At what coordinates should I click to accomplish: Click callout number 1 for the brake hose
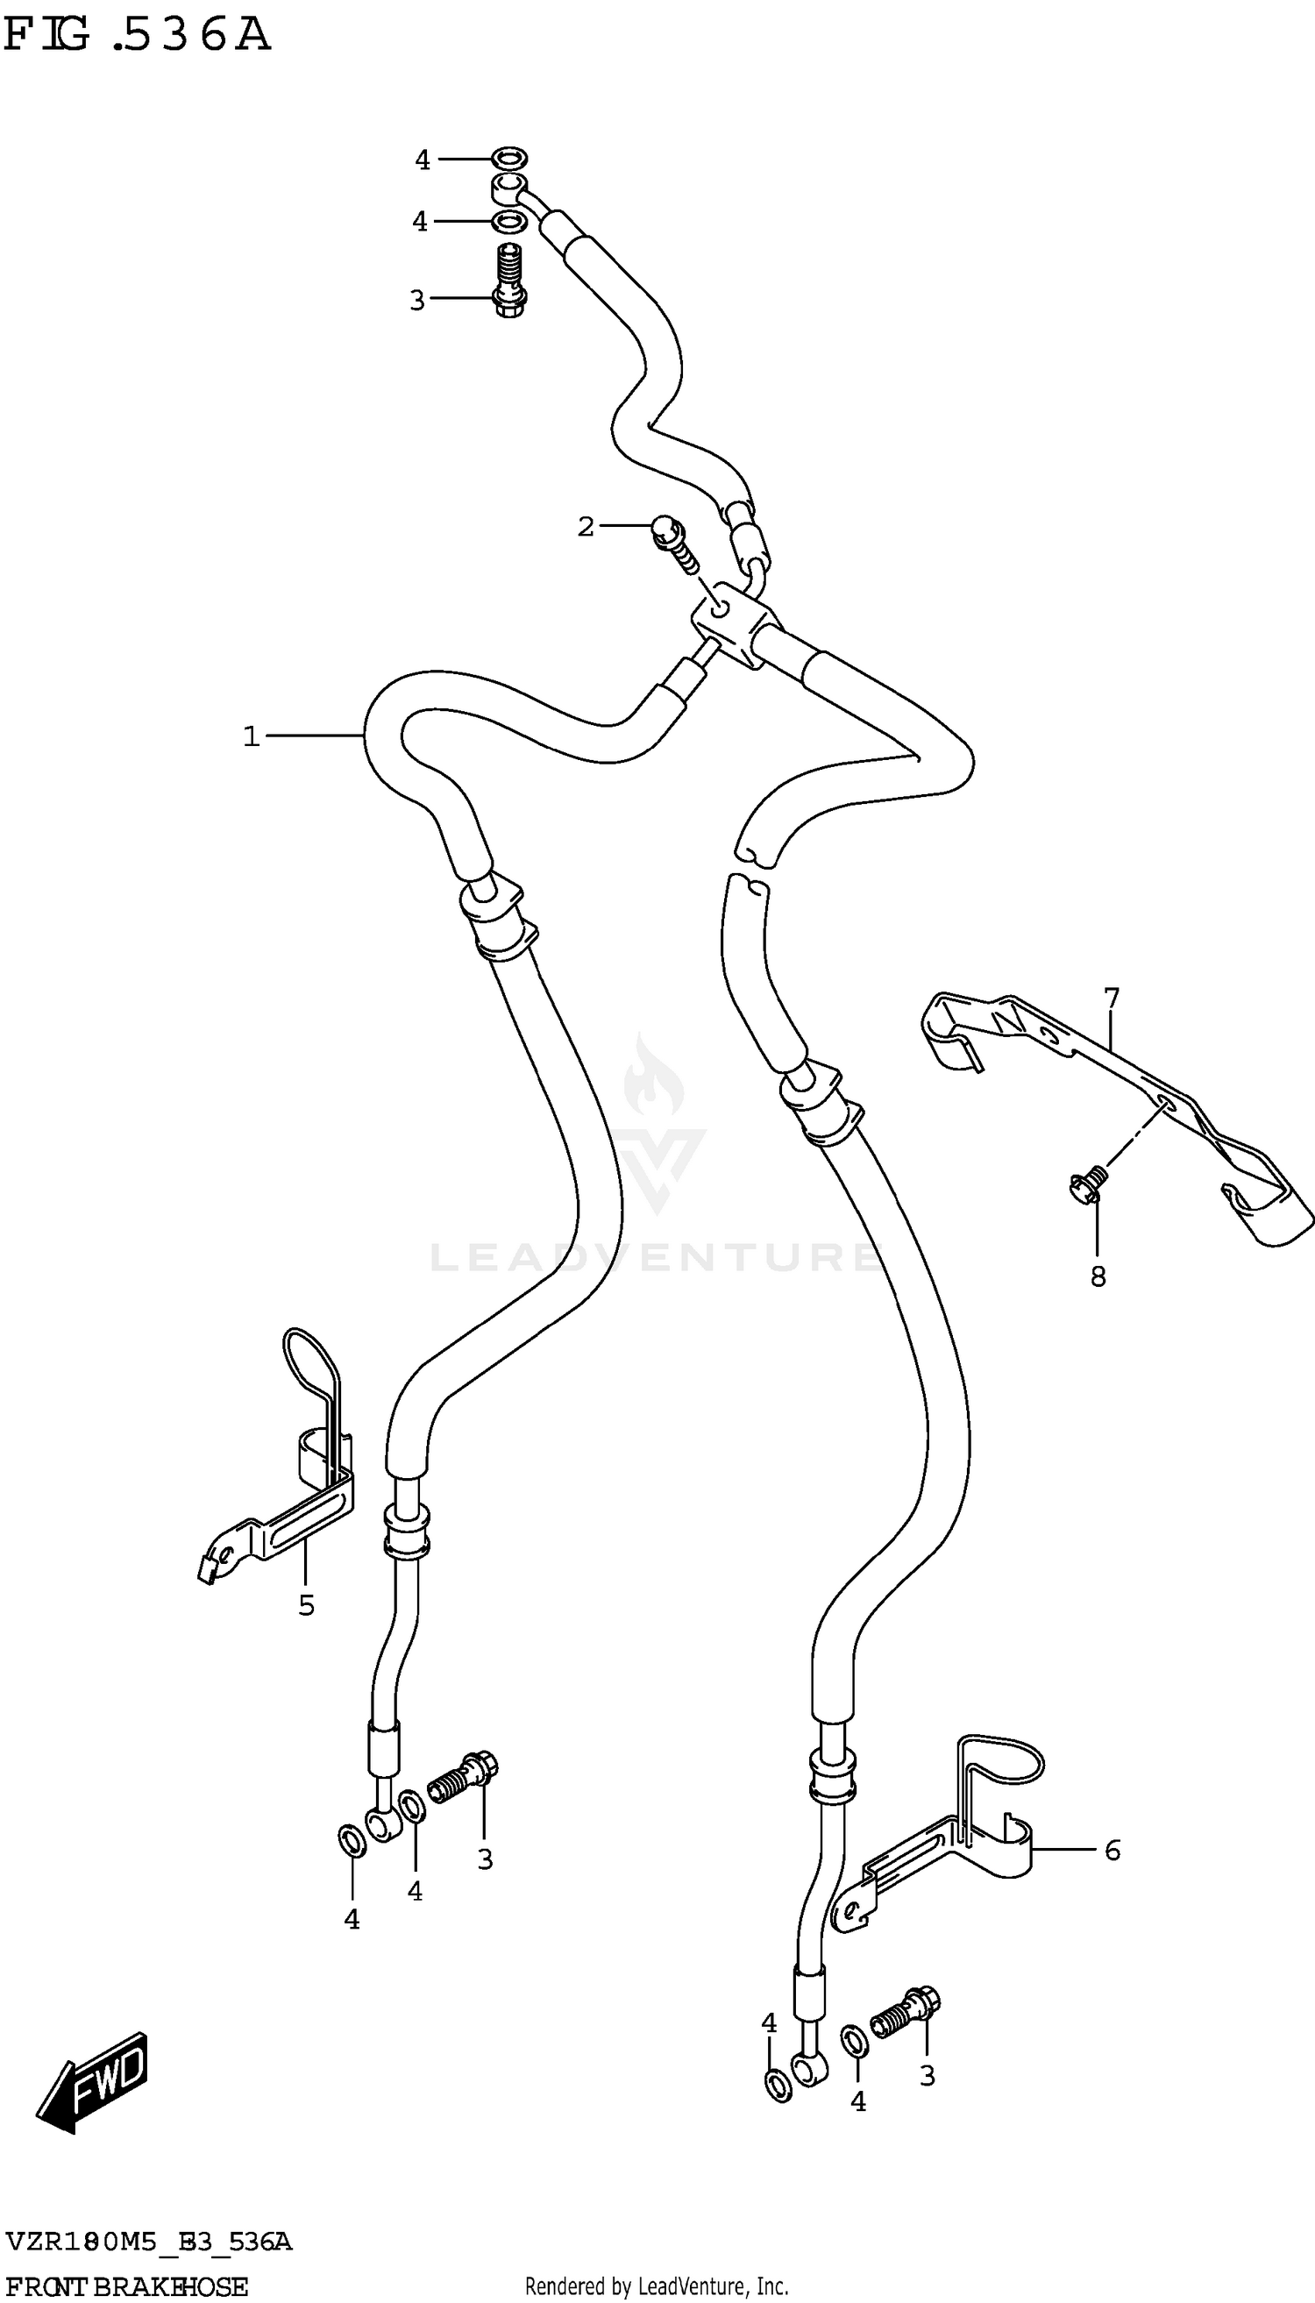click(x=251, y=737)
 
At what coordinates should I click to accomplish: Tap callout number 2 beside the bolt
click(x=586, y=527)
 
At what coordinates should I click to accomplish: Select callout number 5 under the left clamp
click(x=306, y=1605)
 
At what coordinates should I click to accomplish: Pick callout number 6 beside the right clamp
click(x=1112, y=1851)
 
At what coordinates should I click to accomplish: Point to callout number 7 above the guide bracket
click(x=1111, y=998)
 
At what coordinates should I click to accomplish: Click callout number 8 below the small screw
click(x=1098, y=1276)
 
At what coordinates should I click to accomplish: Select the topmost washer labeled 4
click(x=510, y=160)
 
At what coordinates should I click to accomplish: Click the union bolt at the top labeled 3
click(x=511, y=280)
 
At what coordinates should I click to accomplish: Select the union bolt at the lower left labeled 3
click(x=462, y=1778)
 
